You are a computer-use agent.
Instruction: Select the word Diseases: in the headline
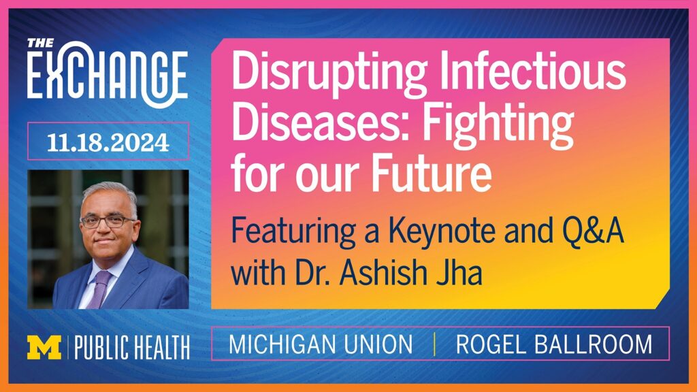[x=320, y=121]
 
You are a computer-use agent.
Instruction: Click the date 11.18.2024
[x=108, y=143]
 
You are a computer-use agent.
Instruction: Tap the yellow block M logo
[x=44, y=347]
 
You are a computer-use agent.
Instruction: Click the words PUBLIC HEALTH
[x=132, y=348]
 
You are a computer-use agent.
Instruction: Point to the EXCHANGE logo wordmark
[x=107, y=75]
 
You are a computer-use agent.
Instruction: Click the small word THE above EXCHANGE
[x=40, y=43]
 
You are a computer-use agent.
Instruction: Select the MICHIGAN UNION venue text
[x=321, y=344]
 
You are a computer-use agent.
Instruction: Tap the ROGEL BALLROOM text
[x=554, y=344]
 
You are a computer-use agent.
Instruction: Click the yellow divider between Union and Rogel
[x=434, y=344]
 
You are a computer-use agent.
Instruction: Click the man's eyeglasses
[x=108, y=221]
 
